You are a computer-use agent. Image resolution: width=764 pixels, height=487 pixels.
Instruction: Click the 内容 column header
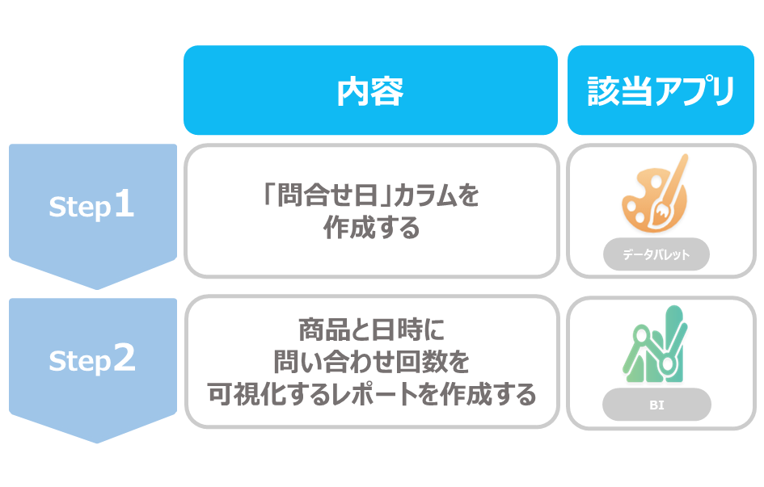[370, 90]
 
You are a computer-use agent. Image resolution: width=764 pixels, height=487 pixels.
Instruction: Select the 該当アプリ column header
[661, 90]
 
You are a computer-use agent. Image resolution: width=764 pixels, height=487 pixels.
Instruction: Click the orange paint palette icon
[654, 194]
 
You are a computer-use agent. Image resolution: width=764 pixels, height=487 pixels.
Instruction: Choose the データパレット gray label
[656, 254]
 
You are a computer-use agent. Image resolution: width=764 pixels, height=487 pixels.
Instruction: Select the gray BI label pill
[656, 405]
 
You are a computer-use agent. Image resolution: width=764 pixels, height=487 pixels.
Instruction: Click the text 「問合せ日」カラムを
[371, 195]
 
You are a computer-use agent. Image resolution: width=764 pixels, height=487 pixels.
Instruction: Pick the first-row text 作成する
[371, 227]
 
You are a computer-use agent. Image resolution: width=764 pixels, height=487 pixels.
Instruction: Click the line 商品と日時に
[371, 330]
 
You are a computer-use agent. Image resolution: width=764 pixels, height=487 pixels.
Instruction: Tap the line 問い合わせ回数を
[371, 362]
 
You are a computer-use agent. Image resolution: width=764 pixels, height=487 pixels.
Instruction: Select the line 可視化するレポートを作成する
[371, 394]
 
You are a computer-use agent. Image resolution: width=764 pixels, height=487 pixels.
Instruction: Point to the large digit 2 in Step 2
[125, 357]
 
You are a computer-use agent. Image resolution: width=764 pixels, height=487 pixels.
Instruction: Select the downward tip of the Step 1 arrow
[96, 289]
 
